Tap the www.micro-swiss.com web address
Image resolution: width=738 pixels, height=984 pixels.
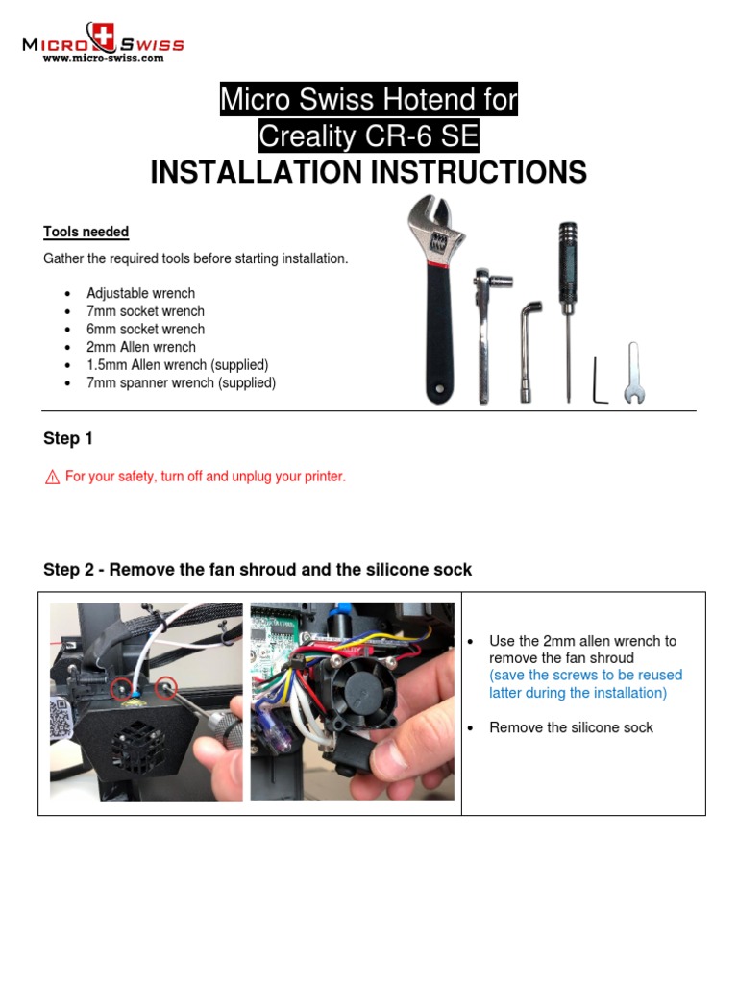click(x=103, y=58)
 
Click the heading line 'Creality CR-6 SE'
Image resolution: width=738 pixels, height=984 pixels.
click(x=369, y=136)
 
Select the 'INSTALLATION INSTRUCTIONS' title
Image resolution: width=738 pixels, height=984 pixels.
click(x=369, y=173)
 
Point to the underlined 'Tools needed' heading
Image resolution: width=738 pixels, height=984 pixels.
click(x=86, y=232)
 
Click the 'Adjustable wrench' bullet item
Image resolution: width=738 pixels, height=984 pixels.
click(x=140, y=293)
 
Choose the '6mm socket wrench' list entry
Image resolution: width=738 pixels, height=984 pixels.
click(x=145, y=329)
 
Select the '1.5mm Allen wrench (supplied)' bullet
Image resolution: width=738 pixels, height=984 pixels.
click(x=177, y=365)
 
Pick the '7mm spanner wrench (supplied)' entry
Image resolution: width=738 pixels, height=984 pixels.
click(x=181, y=382)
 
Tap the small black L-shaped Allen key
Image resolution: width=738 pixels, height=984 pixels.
click(x=600, y=381)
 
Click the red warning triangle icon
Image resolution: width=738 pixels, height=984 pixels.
click(x=52, y=477)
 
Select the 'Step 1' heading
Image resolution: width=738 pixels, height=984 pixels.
click(x=68, y=438)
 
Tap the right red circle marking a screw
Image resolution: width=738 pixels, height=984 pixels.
click(x=165, y=687)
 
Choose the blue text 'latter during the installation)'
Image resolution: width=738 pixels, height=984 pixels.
click(x=578, y=693)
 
